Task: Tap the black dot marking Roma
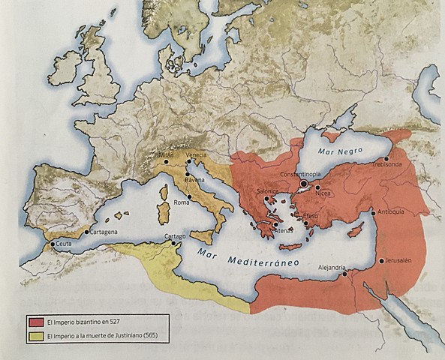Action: click(191, 197)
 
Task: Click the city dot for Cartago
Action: click(173, 243)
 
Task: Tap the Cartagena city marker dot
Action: click(86, 232)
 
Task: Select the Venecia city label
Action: click(196, 154)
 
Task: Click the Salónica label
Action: click(268, 192)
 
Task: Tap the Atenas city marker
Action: click(275, 224)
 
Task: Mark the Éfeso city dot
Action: click(306, 222)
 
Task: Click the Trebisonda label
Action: click(398, 164)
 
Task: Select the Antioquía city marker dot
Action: click(374, 214)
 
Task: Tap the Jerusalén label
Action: click(398, 260)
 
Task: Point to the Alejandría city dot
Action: click(345, 274)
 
